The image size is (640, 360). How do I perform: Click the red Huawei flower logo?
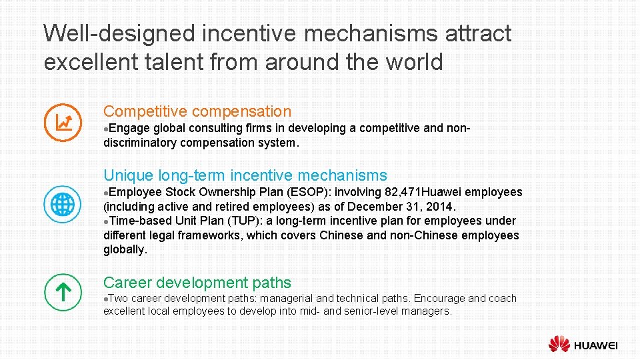[559, 344]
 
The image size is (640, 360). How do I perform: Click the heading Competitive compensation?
[197, 111]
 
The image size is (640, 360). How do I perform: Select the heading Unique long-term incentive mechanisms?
[245, 175]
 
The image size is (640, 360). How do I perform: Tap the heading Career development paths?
[197, 283]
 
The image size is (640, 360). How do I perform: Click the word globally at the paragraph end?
[125, 249]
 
